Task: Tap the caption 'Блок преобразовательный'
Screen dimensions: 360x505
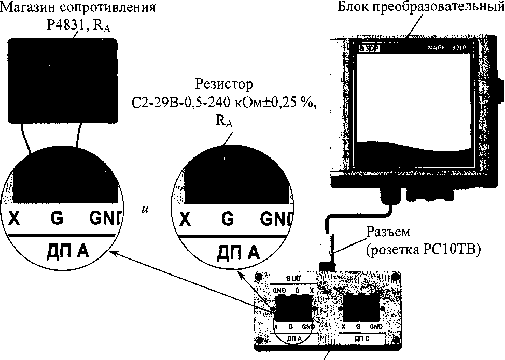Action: (419, 8)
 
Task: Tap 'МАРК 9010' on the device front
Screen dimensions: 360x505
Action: (449, 48)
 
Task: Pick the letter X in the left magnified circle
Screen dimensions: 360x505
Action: (15, 219)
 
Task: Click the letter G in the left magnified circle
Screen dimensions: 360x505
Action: (57, 218)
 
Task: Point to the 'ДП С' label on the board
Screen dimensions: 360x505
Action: (362, 338)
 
